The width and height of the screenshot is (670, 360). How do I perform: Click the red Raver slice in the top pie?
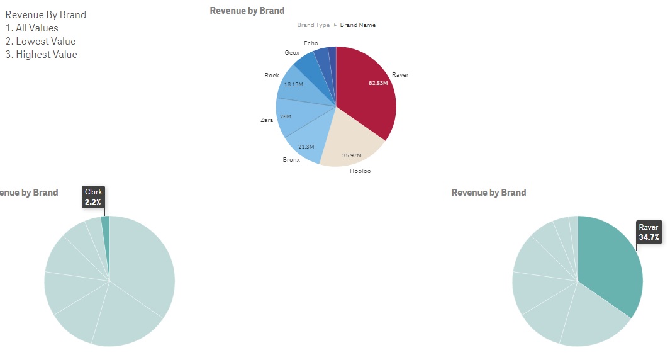tap(368, 94)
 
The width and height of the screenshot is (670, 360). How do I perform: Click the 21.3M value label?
tap(307, 146)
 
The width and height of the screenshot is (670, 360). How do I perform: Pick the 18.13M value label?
tap(293, 84)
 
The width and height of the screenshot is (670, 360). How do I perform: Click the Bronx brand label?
tap(291, 160)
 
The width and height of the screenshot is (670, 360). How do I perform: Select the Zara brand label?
tap(267, 120)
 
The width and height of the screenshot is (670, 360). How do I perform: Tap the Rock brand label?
tap(272, 76)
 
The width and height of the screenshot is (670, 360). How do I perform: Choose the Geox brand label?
tap(292, 53)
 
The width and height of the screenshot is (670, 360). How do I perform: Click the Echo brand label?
tap(311, 43)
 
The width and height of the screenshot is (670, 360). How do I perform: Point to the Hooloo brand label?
tap(360, 171)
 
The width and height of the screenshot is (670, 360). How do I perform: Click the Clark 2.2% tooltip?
tap(94, 197)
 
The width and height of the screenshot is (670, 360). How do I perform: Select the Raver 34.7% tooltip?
tap(649, 232)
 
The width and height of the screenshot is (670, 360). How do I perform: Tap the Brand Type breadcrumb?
tap(313, 25)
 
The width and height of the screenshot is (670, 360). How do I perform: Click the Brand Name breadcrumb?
tap(358, 25)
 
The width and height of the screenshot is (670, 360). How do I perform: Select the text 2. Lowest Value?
tap(40, 42)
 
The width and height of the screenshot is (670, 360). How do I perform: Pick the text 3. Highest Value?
tap(42, 55)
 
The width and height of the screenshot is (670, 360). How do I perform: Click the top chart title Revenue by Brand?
tap(247, 11)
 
